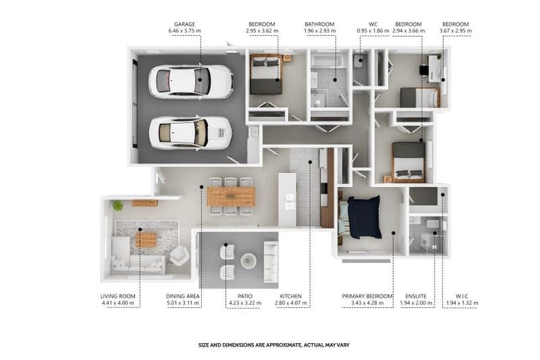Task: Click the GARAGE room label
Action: [184, 24]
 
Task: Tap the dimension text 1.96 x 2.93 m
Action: [320, 31]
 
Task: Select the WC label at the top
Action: [373, 24]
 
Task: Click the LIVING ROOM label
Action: [118, 296]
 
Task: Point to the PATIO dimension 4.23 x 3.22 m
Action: [245, 303]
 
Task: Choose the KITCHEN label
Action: [290, 296]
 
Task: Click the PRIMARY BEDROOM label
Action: [367, 296]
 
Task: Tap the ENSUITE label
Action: [416, 296]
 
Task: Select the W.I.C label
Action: [462, 296]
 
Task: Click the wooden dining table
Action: [231, 196]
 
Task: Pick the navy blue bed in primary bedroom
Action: [364, 217]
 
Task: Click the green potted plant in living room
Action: [118, 205]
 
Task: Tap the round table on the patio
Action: [248, 260]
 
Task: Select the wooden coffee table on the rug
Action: [146, 240]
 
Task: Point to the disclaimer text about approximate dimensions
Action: [274, 345]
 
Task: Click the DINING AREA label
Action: [183, 296]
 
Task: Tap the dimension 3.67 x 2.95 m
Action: [456, 31]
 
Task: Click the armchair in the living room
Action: [179, 256]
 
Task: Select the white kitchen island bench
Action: [287, 200]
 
